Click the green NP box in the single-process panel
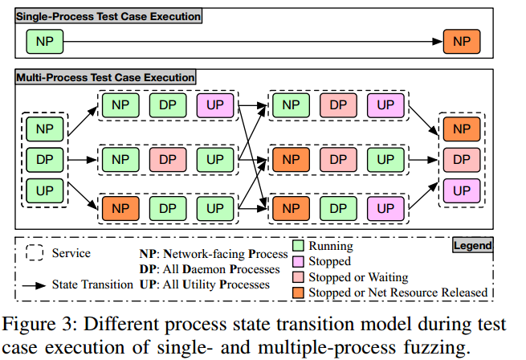(45, 41)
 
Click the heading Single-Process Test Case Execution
(108, 15)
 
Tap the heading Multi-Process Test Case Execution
(105, 78)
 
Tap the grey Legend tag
(472, 245)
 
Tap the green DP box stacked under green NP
(45, 159)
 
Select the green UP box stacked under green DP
(45, 190)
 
